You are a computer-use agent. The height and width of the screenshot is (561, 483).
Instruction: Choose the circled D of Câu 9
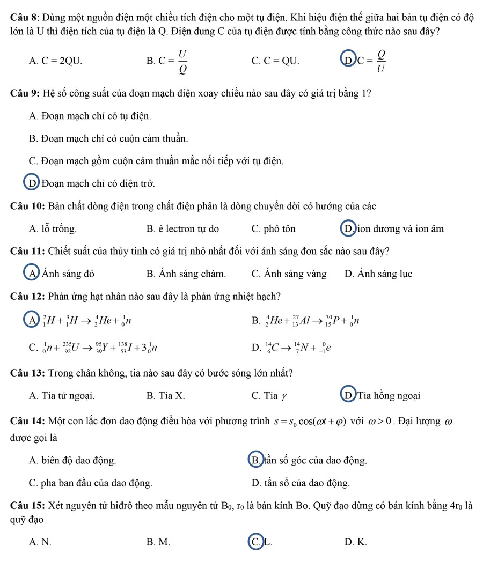click(x=30, y=184)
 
